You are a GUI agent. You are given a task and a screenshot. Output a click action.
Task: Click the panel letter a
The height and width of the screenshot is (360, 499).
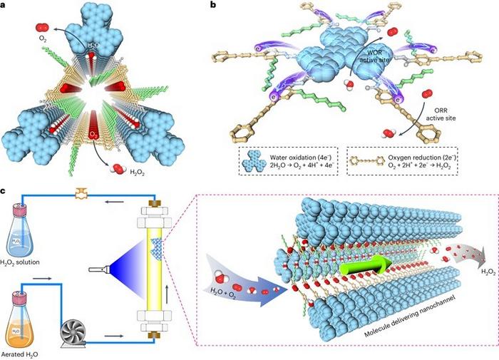coord(6,6)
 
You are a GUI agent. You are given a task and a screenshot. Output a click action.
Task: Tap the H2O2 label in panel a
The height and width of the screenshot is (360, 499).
coord(135,166)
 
